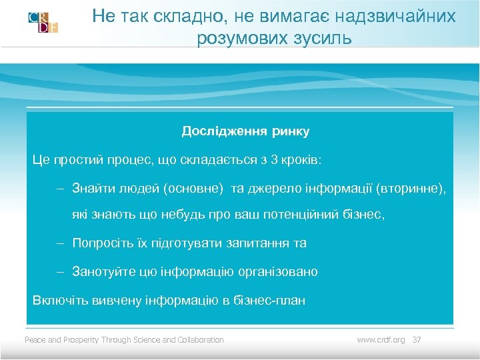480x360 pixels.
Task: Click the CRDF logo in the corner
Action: pos(43,23)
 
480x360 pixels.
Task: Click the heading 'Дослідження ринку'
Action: pos(245,131)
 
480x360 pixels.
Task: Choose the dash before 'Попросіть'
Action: pos(60,243)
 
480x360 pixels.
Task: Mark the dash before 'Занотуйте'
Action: pos(60,272)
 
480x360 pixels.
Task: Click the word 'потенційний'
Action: pos(301,215)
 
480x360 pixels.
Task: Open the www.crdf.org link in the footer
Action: pos(381,340)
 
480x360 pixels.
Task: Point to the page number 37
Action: pos(417,340)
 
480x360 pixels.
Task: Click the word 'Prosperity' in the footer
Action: pos(81,340)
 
